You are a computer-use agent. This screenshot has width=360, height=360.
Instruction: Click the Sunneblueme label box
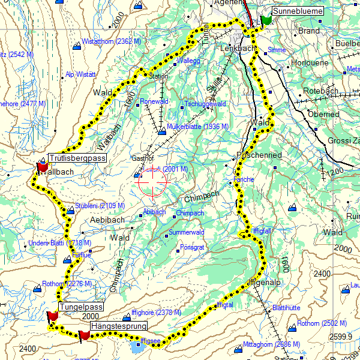point(297,11)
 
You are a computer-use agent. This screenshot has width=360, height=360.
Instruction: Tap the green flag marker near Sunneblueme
point(266,20)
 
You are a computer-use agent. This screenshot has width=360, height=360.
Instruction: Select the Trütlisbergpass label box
point(77,158)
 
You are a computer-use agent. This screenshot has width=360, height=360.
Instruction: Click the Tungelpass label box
point(81,307)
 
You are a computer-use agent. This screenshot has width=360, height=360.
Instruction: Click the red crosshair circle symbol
point(153,182)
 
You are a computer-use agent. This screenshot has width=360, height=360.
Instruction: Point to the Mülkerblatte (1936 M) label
point(197,127)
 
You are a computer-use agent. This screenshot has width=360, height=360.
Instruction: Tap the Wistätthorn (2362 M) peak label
point(110,42)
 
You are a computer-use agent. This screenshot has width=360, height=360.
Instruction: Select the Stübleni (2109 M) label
point(100,206)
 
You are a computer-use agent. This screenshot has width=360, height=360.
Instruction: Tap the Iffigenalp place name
point(264,282)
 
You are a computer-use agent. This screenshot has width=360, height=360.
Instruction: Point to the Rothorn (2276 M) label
point(67,284)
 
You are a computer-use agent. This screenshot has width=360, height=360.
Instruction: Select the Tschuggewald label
point(205,103)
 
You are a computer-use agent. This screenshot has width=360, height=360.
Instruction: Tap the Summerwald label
point(187,232)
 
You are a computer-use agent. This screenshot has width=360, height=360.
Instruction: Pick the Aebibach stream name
point(107,220)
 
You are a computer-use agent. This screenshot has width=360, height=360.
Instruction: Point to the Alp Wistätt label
point(80,74)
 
